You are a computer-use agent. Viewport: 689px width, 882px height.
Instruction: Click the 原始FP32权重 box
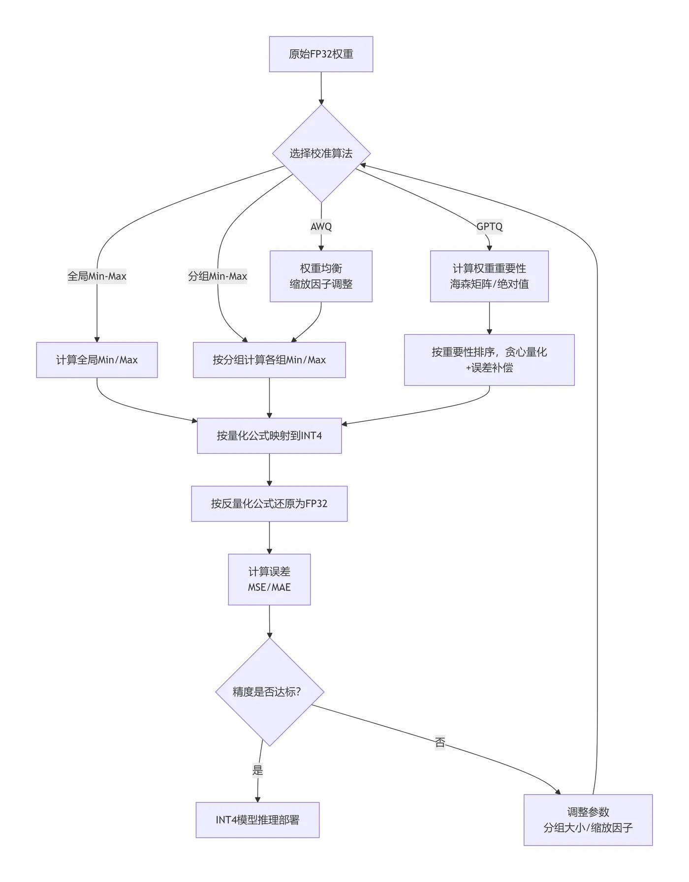321,54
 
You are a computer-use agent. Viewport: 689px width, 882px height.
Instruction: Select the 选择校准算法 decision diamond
321,153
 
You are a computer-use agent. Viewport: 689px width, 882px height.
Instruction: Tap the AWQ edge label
321,227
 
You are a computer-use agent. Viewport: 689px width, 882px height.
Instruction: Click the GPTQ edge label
489,227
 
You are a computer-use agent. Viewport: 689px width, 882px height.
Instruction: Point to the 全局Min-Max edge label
97,276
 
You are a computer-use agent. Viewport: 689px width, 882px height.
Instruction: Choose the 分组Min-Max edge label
218,276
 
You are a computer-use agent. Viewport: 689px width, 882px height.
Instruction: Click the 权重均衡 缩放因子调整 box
321,276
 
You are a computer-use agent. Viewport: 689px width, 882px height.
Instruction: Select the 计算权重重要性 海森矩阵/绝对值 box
489,276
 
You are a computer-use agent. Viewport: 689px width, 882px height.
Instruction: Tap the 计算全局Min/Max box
97,360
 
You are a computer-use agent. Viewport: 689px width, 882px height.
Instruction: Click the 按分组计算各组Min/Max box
269,360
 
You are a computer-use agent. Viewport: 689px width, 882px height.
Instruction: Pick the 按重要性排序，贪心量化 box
489,360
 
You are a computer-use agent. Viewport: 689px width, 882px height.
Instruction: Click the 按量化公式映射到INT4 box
269,436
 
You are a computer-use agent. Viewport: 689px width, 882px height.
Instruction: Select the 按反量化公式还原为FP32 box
269,503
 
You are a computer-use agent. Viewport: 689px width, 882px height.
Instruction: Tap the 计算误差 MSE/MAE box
269,579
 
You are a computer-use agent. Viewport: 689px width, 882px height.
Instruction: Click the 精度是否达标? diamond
269,692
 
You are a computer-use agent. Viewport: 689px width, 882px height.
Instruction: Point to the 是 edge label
258,770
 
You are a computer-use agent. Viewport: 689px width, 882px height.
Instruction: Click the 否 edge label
440,742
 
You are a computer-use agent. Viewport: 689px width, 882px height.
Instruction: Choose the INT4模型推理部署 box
257,820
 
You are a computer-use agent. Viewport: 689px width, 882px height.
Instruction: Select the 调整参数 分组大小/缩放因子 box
588,820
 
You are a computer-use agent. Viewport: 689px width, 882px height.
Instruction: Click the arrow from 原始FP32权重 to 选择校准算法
321,88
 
